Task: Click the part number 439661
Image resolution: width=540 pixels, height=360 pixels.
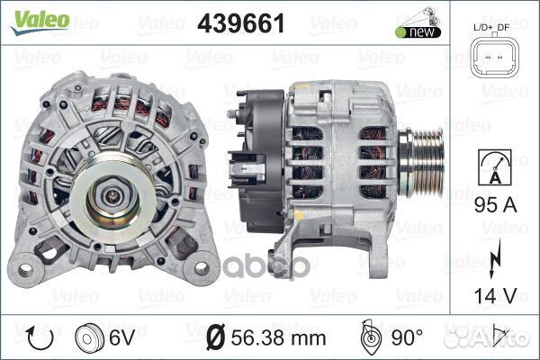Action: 241,23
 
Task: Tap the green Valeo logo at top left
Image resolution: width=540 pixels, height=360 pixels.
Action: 40,22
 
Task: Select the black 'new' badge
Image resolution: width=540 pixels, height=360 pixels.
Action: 418,32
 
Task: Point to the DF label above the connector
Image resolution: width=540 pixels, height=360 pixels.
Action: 503,28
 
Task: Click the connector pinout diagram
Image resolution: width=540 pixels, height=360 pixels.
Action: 494,57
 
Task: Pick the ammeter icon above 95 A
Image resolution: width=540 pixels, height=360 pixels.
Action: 494,167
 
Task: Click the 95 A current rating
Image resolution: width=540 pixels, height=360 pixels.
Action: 496,205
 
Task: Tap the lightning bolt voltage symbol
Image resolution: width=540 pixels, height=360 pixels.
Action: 495,258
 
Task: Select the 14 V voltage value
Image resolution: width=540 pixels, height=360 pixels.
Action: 496,295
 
